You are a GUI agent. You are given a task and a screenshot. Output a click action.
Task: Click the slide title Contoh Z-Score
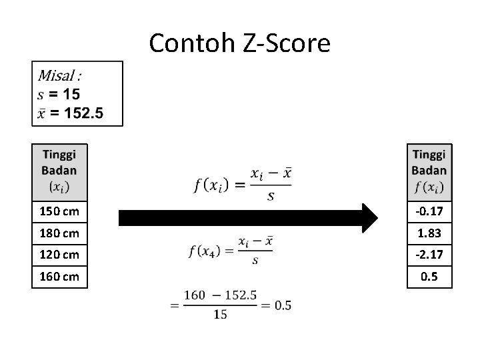pyautogui.click(x=239, y=43)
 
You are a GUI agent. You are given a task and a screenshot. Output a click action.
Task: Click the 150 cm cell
pyautogui.click(x=59, y=212)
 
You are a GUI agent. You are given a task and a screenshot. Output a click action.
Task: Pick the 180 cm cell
pyautogui.click(x=59, y=233)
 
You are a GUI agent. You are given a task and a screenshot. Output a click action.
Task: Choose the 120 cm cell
pyautogui.click(x=59, y=254)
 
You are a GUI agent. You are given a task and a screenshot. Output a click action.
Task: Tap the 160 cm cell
pyautogui.click(x=59, y=275)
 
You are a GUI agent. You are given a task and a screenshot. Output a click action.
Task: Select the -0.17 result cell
pyautogui.click(x=429, y=212)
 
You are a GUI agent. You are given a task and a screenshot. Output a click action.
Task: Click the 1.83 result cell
pyautogui.click(x=429, y=233)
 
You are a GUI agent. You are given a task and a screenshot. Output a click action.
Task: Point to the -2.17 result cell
pyautogui.click(x=429, y=254)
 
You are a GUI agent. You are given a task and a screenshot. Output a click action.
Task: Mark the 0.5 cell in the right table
pyautogui.click(x=429, y=275)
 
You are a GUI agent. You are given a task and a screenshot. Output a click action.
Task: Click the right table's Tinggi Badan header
pyautogui.click(x=429, y=171)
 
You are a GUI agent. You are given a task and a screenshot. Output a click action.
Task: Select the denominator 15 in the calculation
pyautogui.click(x=220, y=315)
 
